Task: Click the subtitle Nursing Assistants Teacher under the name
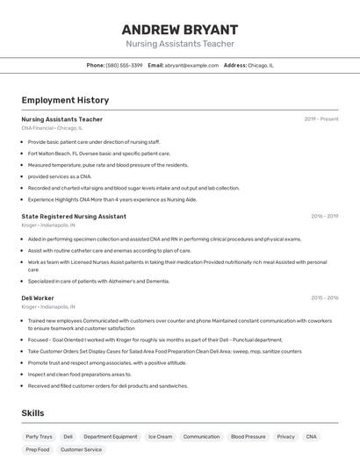click(x=179, y=43)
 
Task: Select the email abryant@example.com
click(x=192, y=65)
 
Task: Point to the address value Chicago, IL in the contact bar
click(x=261, y=65)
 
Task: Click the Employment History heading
click(x=65, y=100)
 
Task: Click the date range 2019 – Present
click(x=321, y=119)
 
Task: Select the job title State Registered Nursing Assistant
click(x=74, y=216)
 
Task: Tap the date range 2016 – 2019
click(x=324, y=216)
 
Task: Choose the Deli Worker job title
click(x=38, y=298)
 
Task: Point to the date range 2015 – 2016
click(x=324, y=298)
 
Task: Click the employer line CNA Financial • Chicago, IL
click(x=52, y=128)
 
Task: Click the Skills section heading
click(x=33, y=412)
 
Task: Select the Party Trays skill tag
click(x=39, y=436)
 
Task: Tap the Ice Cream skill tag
click(x=160, y=436)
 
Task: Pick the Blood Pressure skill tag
click(x=248, y=436)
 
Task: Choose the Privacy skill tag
click(x=285, y=436)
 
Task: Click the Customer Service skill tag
click(x=81, y=449)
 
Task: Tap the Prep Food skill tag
click(x=38, y=449)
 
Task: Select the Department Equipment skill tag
click(x=111, y=436)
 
